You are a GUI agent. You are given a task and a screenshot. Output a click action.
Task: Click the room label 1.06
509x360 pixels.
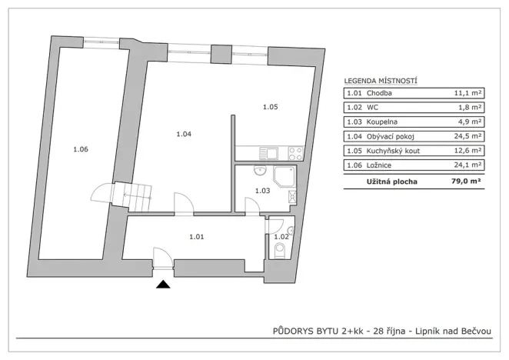(81, 149)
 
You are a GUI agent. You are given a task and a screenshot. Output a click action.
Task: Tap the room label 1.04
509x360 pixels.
(183, 135)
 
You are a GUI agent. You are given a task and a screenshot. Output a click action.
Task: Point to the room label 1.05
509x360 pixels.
(269, 107)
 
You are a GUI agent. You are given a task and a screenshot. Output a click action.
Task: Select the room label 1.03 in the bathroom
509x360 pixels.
(263, 191)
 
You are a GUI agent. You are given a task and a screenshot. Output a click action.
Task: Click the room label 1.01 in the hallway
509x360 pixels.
(196, 237)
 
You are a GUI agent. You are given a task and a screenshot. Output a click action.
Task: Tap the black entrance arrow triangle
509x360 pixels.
(162, 285)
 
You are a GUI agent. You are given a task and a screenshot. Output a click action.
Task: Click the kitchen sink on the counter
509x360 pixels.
(268, 152)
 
